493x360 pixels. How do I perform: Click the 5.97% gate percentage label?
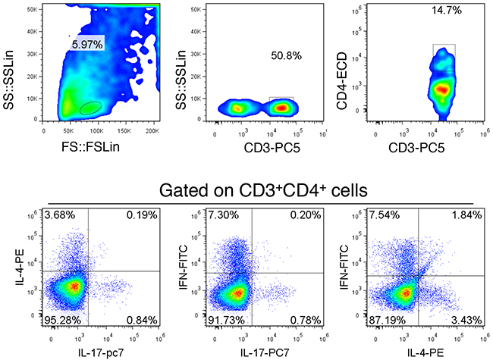coord(87,45)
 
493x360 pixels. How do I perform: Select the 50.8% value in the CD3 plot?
coord(286,55)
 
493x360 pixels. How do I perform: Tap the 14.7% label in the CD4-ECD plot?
coord(447,11)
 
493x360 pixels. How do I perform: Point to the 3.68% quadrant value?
coord(60,215)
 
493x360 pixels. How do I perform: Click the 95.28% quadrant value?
coord(62,320)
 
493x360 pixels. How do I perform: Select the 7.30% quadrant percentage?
coord(223,215)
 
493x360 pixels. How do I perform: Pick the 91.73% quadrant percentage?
coord(226,320)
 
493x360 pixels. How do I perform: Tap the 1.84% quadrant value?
coord(466,215)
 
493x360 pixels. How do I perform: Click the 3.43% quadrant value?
coord(466,320)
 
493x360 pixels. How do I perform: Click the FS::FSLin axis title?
coord(90,147)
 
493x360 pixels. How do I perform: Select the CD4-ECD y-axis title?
coord(342,81)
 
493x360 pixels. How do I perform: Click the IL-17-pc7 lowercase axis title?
coord(101,352)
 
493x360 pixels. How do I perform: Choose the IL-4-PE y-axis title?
coord(20,268)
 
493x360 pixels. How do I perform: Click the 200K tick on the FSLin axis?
coord(152,131)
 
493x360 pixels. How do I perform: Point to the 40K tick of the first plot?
coord(32,31)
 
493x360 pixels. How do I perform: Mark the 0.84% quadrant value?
coord(142,320)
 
